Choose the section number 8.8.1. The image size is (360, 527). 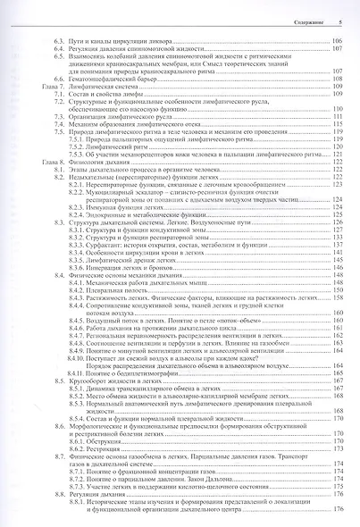[x=78, y=522]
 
